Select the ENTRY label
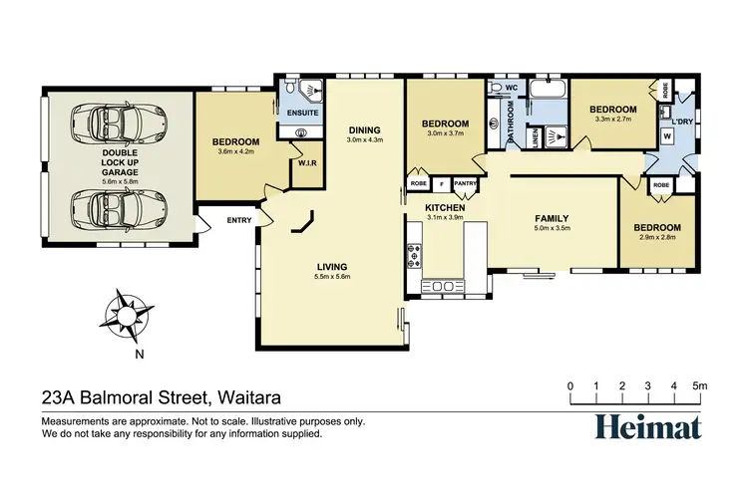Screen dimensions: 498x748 coord(239,220)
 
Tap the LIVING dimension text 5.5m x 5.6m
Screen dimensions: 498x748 coord(332,277)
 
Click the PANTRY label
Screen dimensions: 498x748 coord(465,183)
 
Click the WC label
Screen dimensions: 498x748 coord(510,89)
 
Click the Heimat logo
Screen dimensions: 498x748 coord(647,425)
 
